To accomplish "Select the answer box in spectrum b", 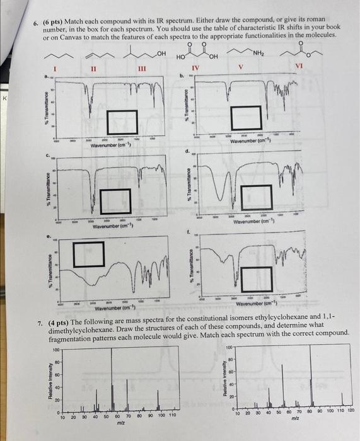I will tap(245, 117).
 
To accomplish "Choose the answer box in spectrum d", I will tap(260, 197).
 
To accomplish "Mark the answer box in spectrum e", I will tap(88, 254).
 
